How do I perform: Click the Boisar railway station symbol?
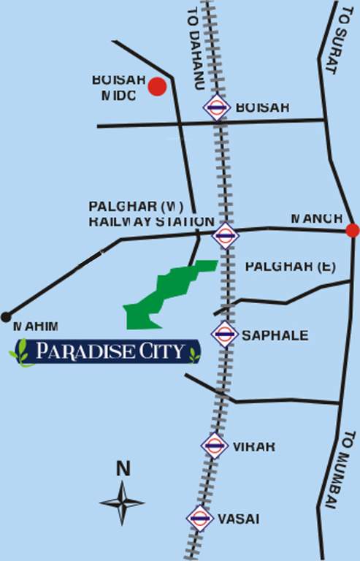coord(217,108)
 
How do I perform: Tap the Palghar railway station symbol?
coord(225,235)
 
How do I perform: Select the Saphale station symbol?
coord(224,335)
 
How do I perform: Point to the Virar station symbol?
coord(215,445)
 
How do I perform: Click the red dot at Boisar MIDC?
coord(156,88)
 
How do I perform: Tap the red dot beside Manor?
coord(352,231)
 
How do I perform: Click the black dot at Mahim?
coord(7,316)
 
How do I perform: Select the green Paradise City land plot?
coord(169,293)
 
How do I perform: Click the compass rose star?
coord(123,501)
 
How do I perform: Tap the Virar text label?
coord(254,446)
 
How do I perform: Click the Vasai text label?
coord(238,519)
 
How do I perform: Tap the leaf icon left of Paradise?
coord(22,352)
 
